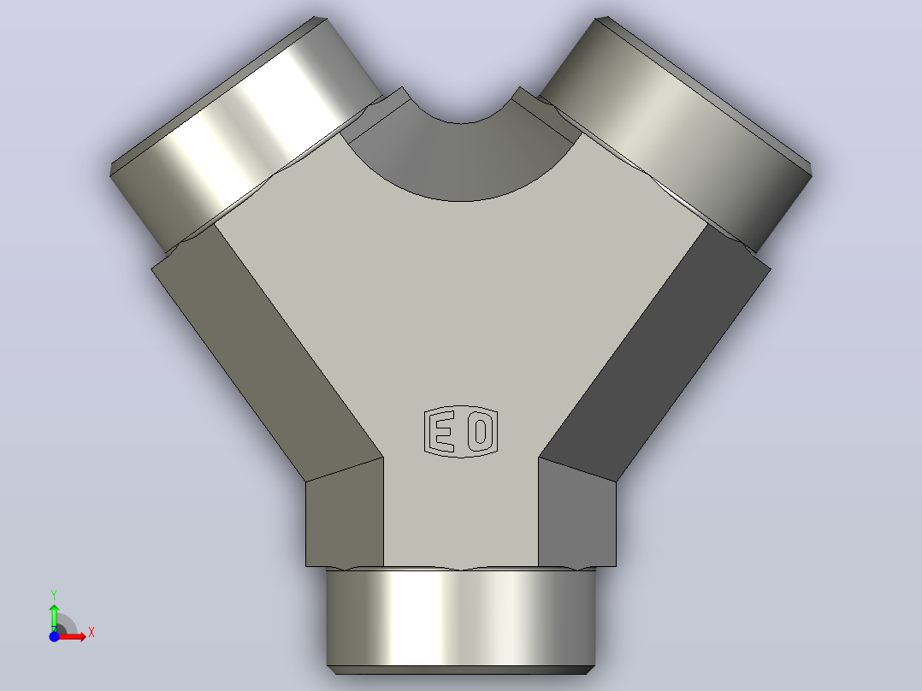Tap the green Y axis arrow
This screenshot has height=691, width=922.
coord(54,617)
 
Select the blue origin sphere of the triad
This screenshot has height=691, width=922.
coord(54,636)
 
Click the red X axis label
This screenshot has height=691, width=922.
coord(92,633)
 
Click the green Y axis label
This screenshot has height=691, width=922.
coord(54,595)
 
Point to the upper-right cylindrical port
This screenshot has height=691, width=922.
coord(677,135)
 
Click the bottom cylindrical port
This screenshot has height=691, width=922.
coord(461,617)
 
